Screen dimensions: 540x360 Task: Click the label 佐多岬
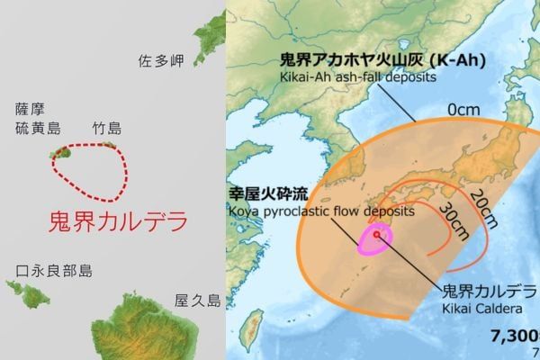coord(162,61)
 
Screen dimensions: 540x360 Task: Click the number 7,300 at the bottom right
coord(514,337)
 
